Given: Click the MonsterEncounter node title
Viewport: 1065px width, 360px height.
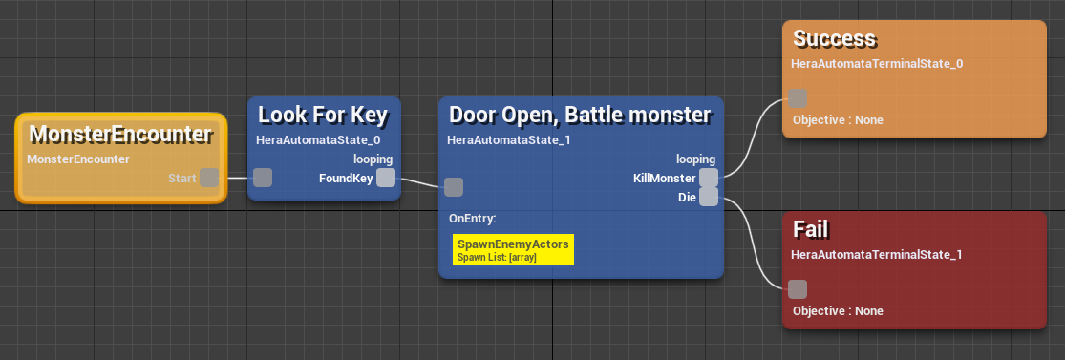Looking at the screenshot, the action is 120,134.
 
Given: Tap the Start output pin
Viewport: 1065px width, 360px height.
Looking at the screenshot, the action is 209,178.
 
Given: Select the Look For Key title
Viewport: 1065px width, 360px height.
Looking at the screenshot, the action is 323,116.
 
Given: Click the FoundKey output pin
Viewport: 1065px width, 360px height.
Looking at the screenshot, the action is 386,178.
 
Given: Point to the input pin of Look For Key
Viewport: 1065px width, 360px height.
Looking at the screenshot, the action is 263,178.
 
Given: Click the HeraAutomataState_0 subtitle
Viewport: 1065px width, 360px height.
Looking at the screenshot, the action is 312,139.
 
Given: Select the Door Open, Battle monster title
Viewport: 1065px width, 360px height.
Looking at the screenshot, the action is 580,116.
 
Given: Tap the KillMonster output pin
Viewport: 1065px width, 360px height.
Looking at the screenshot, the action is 709,178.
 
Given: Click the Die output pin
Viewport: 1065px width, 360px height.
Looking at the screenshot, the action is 709,197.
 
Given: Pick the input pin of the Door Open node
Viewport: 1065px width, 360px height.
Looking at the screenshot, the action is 455,187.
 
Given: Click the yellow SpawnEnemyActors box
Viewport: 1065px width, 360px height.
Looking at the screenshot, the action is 513,249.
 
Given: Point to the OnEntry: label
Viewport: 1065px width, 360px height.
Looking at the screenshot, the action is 473,218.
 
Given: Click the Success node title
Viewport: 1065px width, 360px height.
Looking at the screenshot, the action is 835,39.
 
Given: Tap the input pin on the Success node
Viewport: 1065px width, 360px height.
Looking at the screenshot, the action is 799,98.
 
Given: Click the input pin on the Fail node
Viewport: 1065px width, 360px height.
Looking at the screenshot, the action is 799,289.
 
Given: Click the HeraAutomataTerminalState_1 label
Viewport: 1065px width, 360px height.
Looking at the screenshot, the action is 877,254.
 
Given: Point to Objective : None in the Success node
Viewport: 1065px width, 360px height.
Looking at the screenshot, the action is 838,120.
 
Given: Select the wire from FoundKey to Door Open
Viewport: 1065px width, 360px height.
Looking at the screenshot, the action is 420,182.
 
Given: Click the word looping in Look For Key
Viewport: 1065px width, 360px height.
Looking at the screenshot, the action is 373,159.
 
